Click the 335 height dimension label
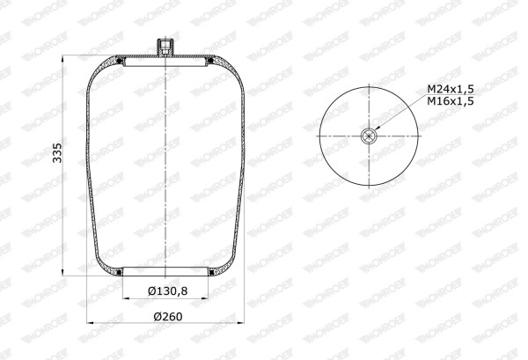(57, 153)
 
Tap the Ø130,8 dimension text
(167, 291)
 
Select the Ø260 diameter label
(168, 317)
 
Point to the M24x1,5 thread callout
(451, 89)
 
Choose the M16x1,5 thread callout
(451, 100)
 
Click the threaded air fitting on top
(165, 47)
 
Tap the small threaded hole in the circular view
(369, 136)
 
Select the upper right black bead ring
(211, 61)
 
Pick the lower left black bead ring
(119, 272)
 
